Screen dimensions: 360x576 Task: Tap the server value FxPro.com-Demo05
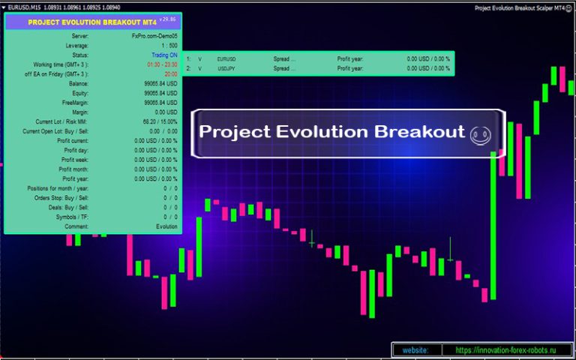[x=154, y=36]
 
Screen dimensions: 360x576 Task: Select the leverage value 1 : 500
[x=169, y=46]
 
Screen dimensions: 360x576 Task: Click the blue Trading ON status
[x=163, y=55]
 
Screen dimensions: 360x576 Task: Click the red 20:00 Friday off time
[x=171, y=74]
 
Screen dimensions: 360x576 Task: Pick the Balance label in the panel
[x=77, y=84]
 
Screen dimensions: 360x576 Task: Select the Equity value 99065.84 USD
[x=160, y=94]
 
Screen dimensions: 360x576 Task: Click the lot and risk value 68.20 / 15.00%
[x=160, y=121]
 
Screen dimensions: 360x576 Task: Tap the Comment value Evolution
[x=166, y=226]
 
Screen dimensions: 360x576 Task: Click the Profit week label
[x=75, y=160]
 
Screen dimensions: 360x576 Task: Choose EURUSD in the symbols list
[x=226, y=58]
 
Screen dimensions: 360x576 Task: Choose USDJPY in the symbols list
[x=226, y=68]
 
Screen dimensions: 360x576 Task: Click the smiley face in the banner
[x=480, y=134]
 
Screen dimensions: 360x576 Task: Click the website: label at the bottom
[x=415, y=350]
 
